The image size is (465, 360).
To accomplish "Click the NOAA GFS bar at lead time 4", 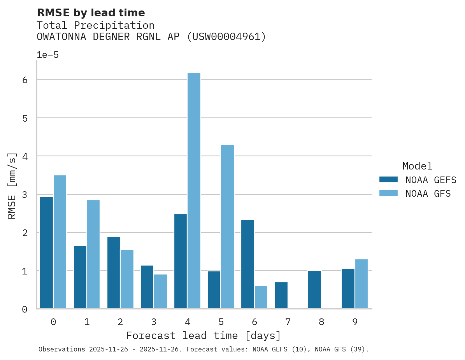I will pos(194,191).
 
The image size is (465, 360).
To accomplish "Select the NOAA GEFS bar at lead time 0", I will pos(46,253).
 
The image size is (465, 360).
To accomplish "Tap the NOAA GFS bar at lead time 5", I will pos(227,227).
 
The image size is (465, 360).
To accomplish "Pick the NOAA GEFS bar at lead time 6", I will pos(247,264).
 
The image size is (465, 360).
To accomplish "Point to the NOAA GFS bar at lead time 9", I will pos(361,284).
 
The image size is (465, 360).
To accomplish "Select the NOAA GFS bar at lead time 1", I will pos(93,254).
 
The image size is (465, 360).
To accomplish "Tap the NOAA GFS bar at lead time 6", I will pos(261,297).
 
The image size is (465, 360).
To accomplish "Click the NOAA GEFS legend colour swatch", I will pos(388,179).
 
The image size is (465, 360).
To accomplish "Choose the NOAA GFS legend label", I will pos(428,193).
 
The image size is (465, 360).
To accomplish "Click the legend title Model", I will pos(417,166).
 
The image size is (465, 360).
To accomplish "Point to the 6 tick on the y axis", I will pos(25,80).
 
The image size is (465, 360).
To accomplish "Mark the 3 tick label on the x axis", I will pos(154,322).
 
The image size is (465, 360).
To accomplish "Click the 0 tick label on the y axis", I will pos(25,309).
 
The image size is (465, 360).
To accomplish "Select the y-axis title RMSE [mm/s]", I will pos(12,185).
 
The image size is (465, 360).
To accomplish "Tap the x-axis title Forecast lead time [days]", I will pos(203,336).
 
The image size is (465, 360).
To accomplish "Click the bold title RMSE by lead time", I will pos(91,13).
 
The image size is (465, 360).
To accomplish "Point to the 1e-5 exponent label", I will pos(47,55).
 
